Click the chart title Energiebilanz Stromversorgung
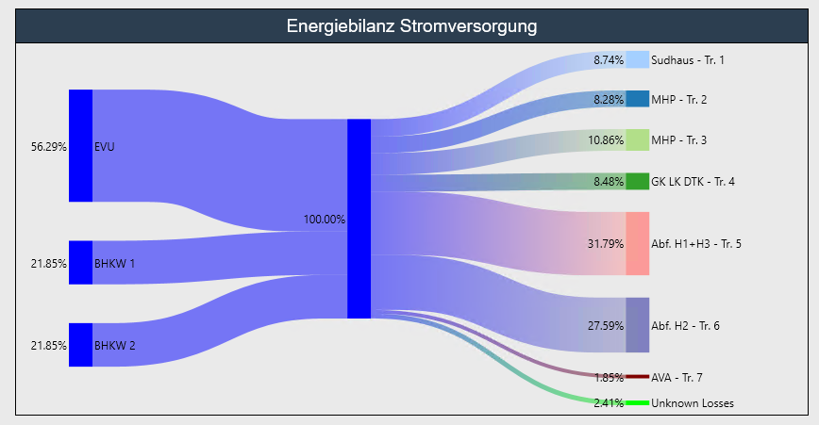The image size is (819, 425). tap(411, 26)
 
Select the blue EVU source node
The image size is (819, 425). tap(80, 145)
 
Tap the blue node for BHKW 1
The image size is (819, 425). tap(80, 262)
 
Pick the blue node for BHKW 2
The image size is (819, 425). tap(80, 344)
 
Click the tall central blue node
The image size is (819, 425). tap(359, 219)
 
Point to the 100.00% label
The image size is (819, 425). tap(324, 220)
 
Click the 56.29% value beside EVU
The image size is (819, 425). tap(48, 147)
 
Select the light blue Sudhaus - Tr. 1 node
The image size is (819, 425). tap(637, 59)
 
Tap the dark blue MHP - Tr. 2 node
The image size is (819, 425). tap(637, 99)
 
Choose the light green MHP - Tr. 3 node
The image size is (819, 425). tap(637, 140)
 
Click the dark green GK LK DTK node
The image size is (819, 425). tap(637, 181)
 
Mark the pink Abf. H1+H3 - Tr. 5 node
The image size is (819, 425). tap(637, 243)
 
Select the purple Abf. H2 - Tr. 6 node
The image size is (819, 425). tap(637, 325)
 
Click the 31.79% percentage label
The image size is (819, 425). tap(605, 244)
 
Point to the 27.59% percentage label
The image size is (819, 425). tap(605, 326)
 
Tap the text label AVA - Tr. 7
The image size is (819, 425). tap(677, 378)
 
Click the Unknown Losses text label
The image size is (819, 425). tap(692, 403)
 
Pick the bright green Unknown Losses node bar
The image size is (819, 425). tap(637, 403)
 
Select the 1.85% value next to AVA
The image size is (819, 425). tap(609, 378)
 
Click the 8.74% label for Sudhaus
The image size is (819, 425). tap(608, 60)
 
